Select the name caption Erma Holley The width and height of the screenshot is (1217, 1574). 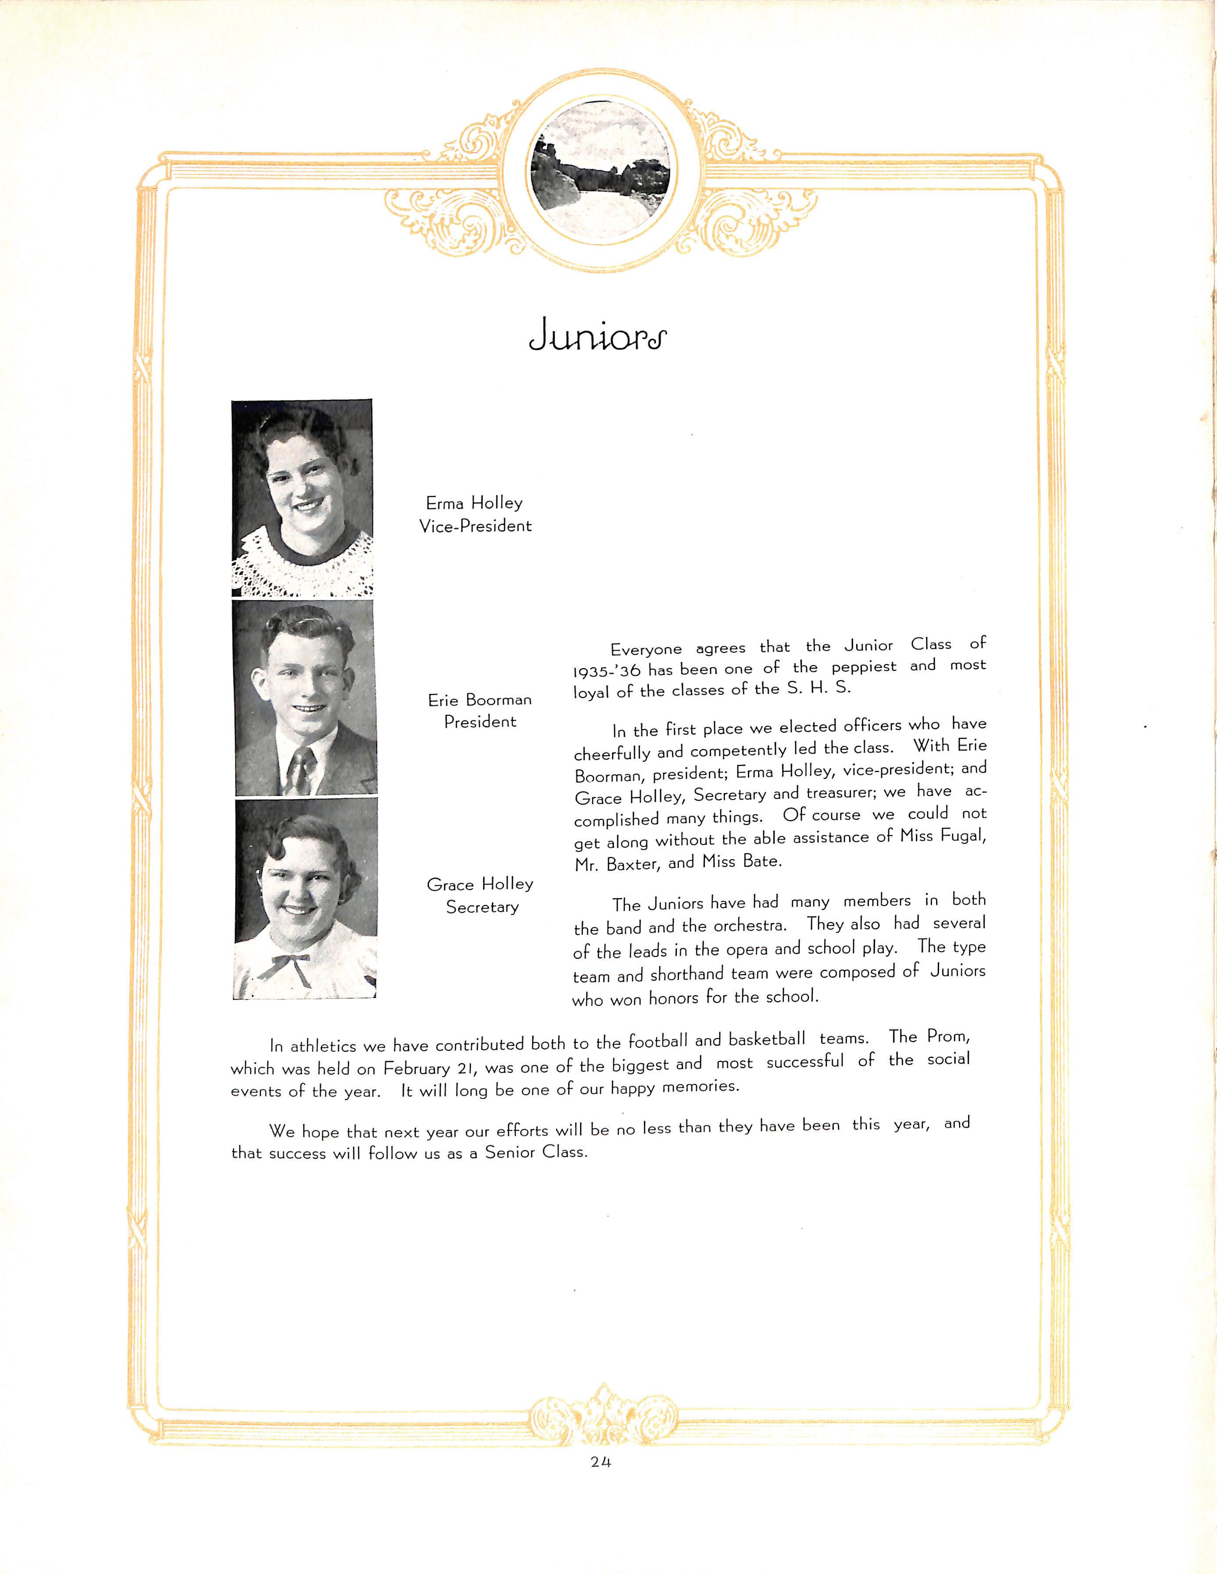tap(473, 503)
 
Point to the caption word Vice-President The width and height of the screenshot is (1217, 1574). tap(476, 526)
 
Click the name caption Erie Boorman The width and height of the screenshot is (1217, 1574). tap(480, 699)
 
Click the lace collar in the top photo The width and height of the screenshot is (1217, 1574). tap(302, 562)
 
